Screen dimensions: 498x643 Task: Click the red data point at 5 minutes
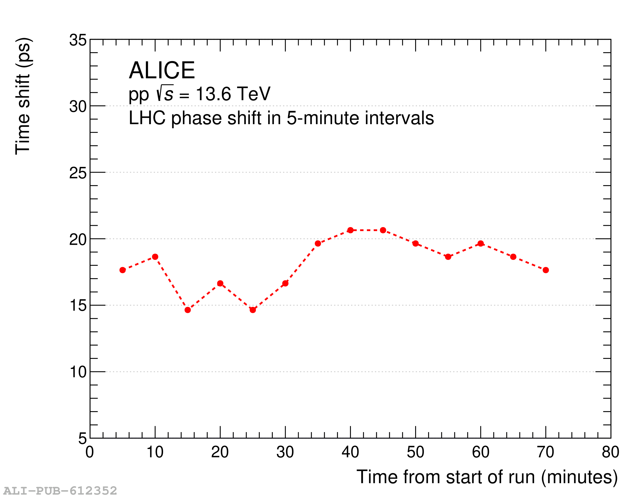click(123, 270)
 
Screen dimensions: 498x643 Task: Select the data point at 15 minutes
click(188, 310)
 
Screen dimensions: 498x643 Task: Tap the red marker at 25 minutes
click(253, 310)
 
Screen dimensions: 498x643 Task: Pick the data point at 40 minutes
click(350, 230)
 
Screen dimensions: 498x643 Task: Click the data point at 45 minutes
click(383, 230)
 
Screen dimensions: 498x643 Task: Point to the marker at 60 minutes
click(481, 243)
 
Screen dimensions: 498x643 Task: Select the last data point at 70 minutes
click(546, 270)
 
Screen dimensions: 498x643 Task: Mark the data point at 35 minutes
click(318, 243)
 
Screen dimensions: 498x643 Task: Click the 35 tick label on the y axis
click(78, 40)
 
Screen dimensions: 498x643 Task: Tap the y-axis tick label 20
click(78, 240)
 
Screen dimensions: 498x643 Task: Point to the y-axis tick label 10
click(78, 372)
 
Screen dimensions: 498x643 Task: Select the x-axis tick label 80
click(611, 452)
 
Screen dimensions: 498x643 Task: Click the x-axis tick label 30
click(285, 452)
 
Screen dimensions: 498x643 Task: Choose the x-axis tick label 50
click(415, 452)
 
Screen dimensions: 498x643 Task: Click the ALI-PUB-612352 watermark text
click(60, 491)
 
